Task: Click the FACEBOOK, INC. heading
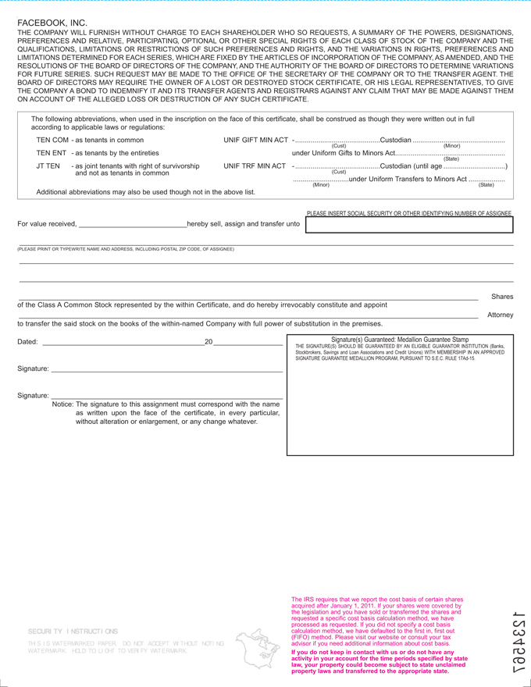[x=52, y=23]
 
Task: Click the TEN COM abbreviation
[x=52, y=140]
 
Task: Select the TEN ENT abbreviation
[x=52, y=153]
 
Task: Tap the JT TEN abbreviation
[x=48, y=166]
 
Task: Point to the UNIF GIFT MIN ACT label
[x=255, y=140]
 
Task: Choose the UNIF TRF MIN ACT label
[x=255, y=166]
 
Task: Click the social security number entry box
[x=409, y=226]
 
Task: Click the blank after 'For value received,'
[x=132, y=225]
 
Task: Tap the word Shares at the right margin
[x=502, y=297]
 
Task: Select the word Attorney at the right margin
[x=500, y=315]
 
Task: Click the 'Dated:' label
[x=27, y=342]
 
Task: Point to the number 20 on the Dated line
[x=208, y=342]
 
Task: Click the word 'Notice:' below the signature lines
[x=63, y=404]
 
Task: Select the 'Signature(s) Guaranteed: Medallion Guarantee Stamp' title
[x=400, y=340]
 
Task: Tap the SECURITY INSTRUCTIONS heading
[x=73, y=630]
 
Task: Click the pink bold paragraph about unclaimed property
[x=379, y=660]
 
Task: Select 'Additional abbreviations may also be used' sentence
[x=146, y=191]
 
